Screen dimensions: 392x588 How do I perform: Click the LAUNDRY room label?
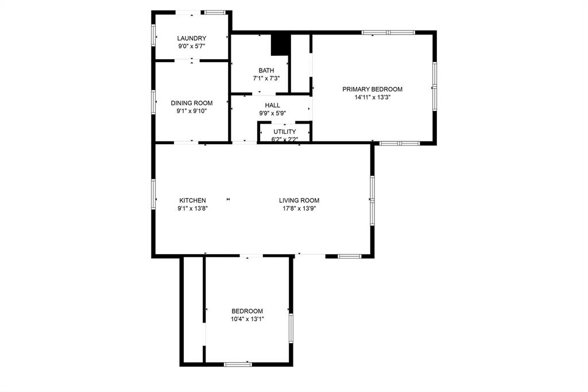[192, 38]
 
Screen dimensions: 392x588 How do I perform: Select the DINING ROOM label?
[192, 103]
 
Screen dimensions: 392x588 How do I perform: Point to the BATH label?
[266, 70]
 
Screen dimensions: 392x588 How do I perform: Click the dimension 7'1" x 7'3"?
[266, 78]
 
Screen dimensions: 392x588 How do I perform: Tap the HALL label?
[273, 105]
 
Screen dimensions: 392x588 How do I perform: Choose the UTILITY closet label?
[285, 132]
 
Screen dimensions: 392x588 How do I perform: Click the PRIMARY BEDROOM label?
[372, 89]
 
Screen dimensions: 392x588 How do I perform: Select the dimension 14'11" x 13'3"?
[372, 97]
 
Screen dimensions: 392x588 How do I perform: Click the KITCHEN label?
[192, 200]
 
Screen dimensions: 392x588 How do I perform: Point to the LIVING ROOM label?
[299, 200]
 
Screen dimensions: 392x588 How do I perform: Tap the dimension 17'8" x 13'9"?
[299, 208]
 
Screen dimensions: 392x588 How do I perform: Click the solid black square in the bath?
[279, 45]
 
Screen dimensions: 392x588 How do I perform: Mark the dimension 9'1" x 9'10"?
[192, 111]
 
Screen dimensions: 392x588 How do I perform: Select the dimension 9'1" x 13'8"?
[192, 208]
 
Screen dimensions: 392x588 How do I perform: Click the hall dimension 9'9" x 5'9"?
[273, 113]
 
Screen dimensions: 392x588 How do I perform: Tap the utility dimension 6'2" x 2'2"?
[285, 139]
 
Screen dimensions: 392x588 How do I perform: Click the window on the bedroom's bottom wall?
[238, 364]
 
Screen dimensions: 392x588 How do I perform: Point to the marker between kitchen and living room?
[229, 199]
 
